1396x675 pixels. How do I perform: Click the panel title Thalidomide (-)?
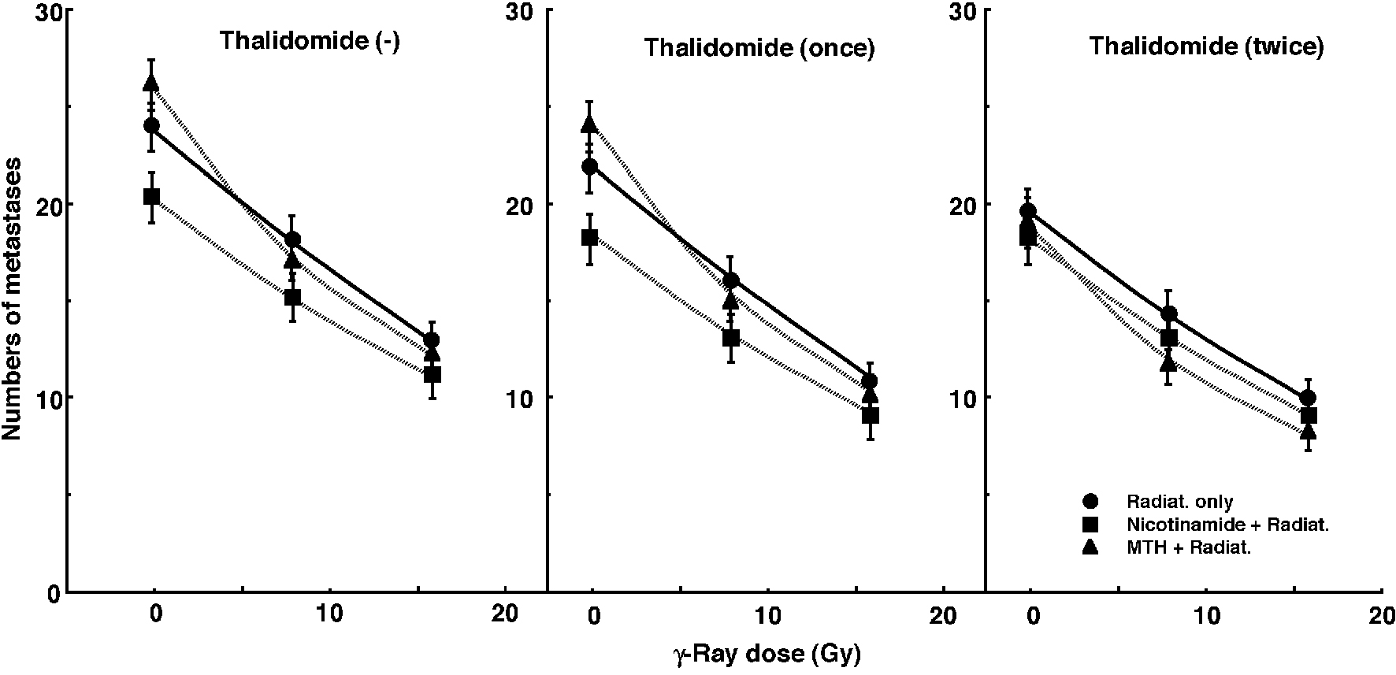click(310, 41)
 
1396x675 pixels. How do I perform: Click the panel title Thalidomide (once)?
click(759, 47)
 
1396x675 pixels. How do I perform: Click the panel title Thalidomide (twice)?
click(1205, 46)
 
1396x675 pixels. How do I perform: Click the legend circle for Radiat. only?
click(1090, 502)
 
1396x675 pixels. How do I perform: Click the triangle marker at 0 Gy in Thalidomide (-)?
click(151, 83)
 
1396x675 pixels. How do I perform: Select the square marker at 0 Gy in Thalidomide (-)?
click(152, 196)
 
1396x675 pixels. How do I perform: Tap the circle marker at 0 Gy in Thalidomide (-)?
click(151, 125)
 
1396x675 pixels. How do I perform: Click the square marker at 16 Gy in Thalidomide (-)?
click(432, 374)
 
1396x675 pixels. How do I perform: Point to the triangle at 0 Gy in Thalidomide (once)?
click(589, 124)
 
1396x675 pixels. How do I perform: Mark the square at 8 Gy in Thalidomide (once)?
click(731, 338)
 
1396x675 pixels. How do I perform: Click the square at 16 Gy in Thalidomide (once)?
click(871, 415)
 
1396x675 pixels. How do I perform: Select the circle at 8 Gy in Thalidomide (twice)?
click(1169, 313)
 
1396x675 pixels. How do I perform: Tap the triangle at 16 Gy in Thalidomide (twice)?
click(1309, 432)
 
